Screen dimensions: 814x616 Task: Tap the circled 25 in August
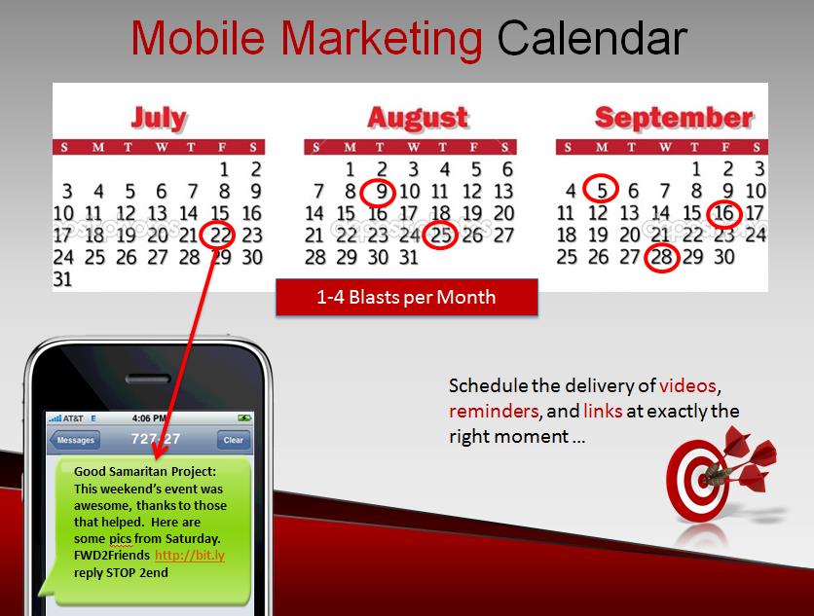tap(441, 236)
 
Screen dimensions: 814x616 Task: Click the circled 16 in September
tap(723, 213)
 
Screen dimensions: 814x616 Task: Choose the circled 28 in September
tap(661, 257)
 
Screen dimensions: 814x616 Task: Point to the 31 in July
tap(62, 279)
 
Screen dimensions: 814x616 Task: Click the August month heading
tap(418, 118)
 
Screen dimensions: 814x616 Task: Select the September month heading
tap(674, 118)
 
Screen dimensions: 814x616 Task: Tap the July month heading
tap(159, 119)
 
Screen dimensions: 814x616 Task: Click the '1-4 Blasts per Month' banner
tap(406, 298)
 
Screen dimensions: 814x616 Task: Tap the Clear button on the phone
tap(233, 440)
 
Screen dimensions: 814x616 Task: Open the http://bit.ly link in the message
tap(190, 556)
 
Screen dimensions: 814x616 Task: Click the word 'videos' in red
tap(687, 385)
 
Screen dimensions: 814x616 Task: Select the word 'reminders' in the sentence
tap(494, 411)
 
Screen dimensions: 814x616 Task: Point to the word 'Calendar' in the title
tap(592, 38)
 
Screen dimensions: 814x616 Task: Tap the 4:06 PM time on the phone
tap(149, 417)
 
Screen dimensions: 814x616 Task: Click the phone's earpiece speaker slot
tap(148, 379)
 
